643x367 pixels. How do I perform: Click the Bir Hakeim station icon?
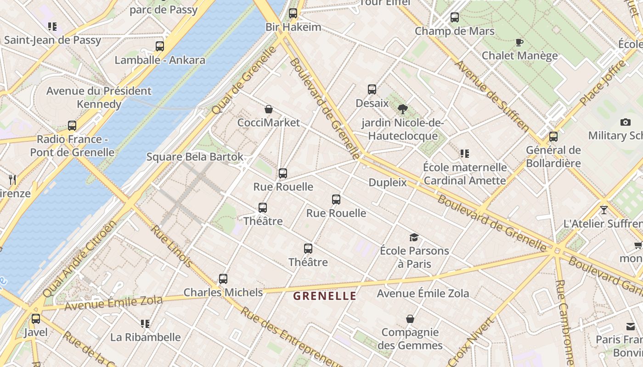(293, 13)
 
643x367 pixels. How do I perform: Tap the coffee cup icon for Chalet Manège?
(519, 42)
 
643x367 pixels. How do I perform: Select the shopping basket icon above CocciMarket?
(269, 109)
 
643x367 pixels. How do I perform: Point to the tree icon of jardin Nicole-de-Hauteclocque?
(403, 109)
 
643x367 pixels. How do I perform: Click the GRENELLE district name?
(325, 296)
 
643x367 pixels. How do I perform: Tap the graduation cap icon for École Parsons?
(414, 237)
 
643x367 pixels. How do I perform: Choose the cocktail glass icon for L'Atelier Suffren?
(604, 210)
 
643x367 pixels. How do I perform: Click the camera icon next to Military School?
(625, 122)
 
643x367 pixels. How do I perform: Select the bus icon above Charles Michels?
(223, 278)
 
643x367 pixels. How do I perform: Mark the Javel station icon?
(36, 318)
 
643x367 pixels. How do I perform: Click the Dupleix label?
(388, 183)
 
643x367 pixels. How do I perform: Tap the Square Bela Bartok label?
(195, 157)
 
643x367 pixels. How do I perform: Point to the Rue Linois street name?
(172, 246)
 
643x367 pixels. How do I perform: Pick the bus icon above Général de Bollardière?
(553, 136)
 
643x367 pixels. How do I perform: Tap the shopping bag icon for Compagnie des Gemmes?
(410, 318)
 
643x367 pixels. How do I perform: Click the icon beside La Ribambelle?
(145, 324)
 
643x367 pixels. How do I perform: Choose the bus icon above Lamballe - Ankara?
(160, 46)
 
